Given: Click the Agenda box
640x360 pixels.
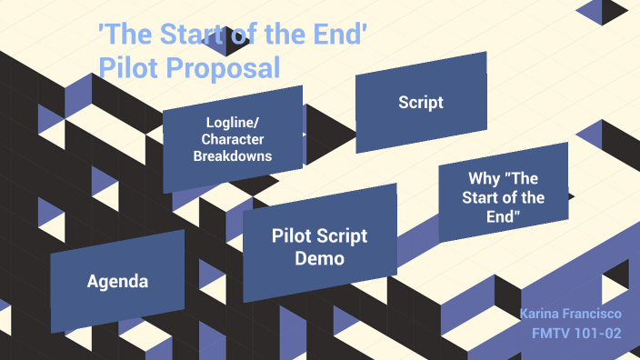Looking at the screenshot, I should (117, 282).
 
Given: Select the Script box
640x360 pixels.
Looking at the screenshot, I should (421, 102).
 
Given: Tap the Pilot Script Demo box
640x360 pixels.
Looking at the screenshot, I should (320, 246).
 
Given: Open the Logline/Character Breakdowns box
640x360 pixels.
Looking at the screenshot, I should (233, 139).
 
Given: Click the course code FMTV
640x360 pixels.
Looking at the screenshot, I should (554, 333).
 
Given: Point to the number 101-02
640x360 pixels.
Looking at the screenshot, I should (600, 333).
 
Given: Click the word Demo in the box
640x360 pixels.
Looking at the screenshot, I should (320, 258).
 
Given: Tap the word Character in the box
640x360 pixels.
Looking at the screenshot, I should (233, 139).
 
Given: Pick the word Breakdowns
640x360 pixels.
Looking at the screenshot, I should (233, 155).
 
